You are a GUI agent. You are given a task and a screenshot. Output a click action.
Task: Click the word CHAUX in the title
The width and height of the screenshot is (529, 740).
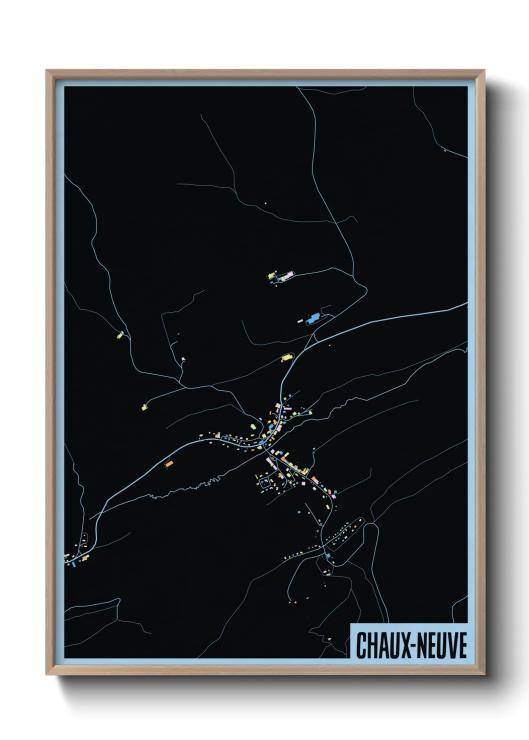pyautogui.click(x=380, y=645)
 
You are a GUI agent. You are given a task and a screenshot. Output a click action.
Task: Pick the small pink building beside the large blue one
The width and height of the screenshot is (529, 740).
pyautogui.click(x=300, y=321)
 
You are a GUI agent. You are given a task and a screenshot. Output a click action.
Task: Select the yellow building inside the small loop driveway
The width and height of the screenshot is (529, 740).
pyautogui.click(x=286, y=357)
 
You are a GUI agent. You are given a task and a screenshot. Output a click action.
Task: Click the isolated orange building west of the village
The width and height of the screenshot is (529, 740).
pyautogui.click(x=169, y=464)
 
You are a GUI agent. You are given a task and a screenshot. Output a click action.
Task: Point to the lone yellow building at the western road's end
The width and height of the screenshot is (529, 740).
pyautogui.click(x=144, y=407)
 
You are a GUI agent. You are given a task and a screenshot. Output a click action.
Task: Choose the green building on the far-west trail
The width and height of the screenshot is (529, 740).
pyautogui.click(x=120, y=334)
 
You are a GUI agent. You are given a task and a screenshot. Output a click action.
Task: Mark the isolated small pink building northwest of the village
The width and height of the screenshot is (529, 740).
pyautogui.click(x=183, y=358)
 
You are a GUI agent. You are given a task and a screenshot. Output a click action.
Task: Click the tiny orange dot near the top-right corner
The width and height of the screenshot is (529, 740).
pyautogui.click(x=444, y=149)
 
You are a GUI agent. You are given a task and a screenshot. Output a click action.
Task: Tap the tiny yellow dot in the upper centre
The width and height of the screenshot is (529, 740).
pyautogui.click(x=265, y=203)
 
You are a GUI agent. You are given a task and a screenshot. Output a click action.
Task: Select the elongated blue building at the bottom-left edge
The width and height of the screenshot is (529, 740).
pyautogui.click(x=73, y=563)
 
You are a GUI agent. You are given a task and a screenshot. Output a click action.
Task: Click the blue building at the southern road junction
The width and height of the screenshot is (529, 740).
pyautogui.click(x=328, y=556)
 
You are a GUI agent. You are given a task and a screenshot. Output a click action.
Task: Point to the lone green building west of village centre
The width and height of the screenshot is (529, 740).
pyautogui.click(x=253, y=426)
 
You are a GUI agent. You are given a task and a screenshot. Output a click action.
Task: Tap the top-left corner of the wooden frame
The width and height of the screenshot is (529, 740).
pyautogui.click(x=47, y=71)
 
